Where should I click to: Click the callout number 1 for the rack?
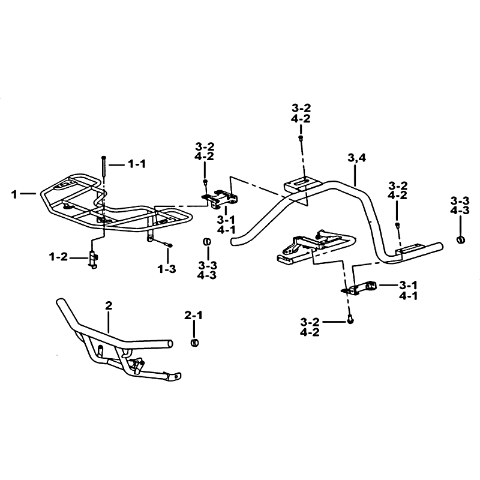(x=14, y=194)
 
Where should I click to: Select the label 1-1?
(x=137, y=164)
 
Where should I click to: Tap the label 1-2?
(x=58, y=257)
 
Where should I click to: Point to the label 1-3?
(x=167, y=269)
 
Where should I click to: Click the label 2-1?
(x=193, y=315)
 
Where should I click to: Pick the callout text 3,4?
(x=357, y=158)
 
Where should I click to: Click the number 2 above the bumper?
(x=109, y=305)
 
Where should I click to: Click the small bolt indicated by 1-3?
(x=169, y=244)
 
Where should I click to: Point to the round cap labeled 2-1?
(x=194, y=343)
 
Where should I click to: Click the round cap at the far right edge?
(x=460, y=239)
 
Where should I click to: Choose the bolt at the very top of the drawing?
(x=301, y=138)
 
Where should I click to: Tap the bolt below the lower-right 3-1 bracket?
(x=350, y=320)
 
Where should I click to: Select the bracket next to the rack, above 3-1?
(x=220, y=200)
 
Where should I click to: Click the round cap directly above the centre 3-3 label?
(x=207, y=242)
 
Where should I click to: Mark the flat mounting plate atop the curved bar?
(x=302, y=185)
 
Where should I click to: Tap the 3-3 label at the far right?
(x=460, y=201)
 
